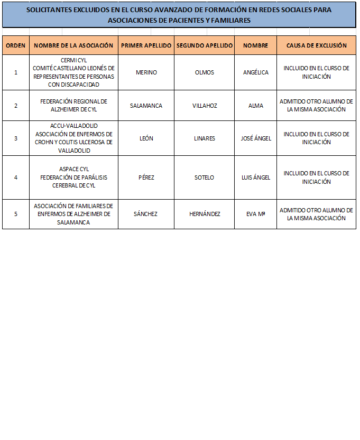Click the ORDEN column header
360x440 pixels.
[x=16, y=45]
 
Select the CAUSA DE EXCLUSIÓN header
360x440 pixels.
[x=316, y=45]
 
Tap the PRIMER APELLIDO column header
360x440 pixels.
[x=146, y=45]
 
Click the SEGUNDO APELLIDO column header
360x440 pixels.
[x=205, y=45]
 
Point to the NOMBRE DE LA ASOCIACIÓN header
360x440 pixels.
[x=73, y=45]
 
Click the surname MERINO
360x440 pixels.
[x=146, y=72]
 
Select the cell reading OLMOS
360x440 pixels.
[x=205, y=72]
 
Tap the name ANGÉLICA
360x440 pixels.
[x=256, y=72]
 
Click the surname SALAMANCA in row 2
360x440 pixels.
[x=146, y=105]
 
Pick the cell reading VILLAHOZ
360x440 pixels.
[x=205, y=105]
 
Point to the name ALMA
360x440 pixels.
[x=256, y=105]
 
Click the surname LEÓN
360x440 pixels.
[x=146, y=138]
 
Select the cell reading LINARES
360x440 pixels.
[x=205, y=138]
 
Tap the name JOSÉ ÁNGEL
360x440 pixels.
[x=256, y=138]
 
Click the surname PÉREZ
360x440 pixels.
[x=146, y=177]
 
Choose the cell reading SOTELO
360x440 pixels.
[x=205, y=177]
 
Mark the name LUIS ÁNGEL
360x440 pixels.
[x=256, y=177]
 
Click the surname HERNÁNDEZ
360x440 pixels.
[x=205, y=214]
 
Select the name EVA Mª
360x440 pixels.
[x=256, y=214]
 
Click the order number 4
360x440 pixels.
[x=16, y=177]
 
